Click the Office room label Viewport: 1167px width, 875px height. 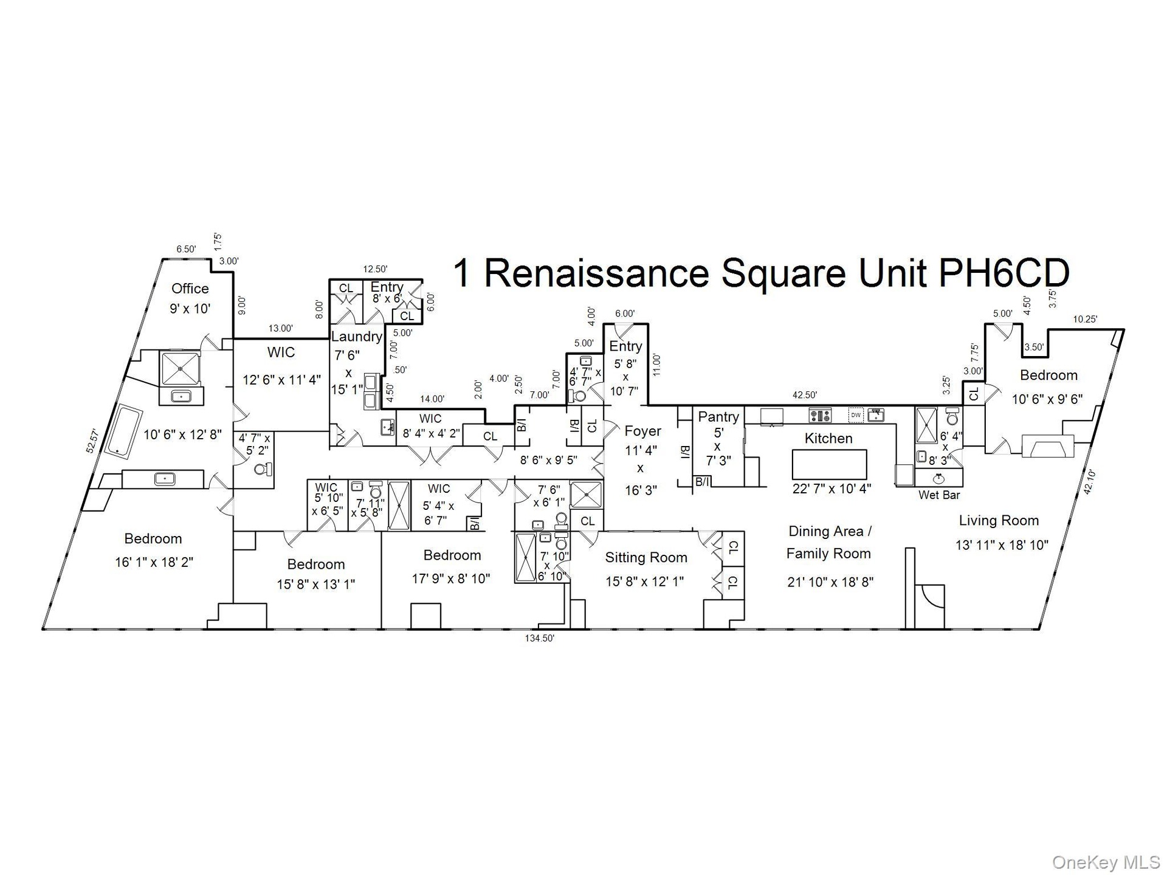pos(190,289)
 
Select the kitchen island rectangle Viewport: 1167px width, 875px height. pos(829,465)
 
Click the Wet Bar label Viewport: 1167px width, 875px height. pos(939,495)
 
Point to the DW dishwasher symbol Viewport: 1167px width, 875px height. pos(856,416)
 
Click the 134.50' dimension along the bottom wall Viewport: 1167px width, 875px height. pos(540,638)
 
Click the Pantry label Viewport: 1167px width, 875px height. pos(718,417)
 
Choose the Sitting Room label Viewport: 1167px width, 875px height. pos(646,557)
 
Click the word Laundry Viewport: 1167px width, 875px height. pos(356,337)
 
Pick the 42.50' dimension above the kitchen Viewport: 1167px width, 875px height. pos(805,395)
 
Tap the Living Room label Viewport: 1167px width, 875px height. pos(999,521)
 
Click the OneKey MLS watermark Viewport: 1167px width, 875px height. pos(1106,861)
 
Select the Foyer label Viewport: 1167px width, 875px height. pos(642,431)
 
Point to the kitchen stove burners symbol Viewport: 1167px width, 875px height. pos(820,416)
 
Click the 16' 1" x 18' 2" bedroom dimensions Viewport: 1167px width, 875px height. pos(154,562)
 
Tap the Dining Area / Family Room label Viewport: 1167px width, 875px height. pos(829,543)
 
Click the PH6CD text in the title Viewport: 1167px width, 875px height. pos(1003,273)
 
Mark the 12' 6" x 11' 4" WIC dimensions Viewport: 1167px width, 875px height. pos(281,380)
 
